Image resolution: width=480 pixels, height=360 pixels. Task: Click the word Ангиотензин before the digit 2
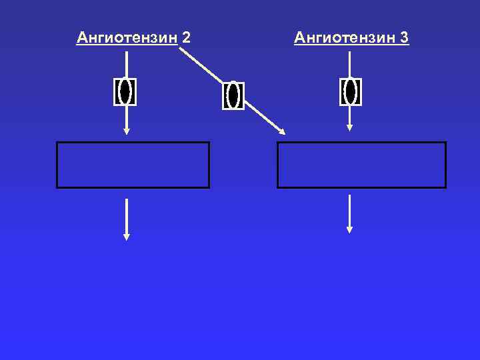127,37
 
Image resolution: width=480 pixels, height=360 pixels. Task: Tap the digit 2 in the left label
186,37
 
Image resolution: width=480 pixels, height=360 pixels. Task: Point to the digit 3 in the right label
404,37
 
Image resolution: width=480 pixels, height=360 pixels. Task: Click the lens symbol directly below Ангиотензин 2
125,91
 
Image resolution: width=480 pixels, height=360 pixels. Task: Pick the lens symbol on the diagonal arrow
233,95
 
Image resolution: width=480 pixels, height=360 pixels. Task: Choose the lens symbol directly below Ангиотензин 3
350,91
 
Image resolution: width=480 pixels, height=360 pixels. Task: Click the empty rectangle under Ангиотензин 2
133,165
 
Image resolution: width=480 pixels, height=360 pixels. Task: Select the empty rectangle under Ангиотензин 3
361,165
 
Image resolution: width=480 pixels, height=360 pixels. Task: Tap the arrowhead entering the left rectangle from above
127,131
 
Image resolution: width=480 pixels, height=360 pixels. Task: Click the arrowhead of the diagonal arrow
281,131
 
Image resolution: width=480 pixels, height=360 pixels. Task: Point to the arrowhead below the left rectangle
127,236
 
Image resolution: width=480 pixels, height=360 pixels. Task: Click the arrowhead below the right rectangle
349,229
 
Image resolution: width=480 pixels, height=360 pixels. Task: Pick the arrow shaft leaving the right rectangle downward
349,210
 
